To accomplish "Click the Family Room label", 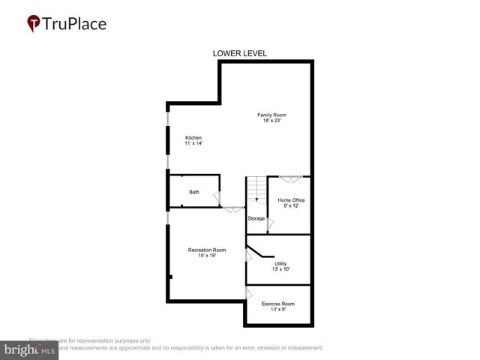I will pos(272,115).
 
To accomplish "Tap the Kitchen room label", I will pos(193,137).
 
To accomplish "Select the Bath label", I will pos(194,192).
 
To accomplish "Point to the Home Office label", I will pos(291,200).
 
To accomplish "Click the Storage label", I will pos(256,218).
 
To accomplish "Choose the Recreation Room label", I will pos(206,250).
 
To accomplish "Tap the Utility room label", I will pos(280,263).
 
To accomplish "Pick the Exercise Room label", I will pos(277,304).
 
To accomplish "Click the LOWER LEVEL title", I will pos(240,53).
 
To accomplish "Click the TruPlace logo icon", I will pos(34,23).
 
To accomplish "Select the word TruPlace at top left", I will pos(75,23).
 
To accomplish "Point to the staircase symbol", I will pos(256,190).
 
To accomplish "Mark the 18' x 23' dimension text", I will pos(272,121).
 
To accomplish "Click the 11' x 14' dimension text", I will pos(193,143).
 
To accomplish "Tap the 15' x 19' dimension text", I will pos(206,256).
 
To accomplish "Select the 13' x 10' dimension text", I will pos(280,269).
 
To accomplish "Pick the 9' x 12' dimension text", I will pos(291,206).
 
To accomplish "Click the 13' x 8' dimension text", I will pos(277,310).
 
